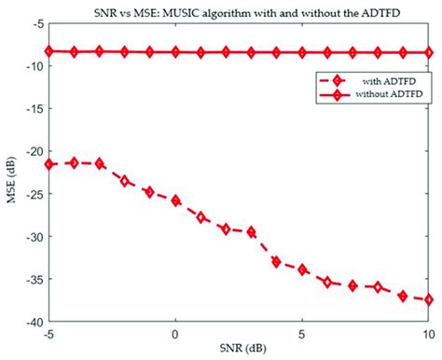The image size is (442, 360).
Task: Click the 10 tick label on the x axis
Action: (x=428, y=332)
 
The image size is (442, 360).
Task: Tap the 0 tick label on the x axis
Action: (x=175, y=332)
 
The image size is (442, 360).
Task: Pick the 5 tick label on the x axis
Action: (x=302, y=332)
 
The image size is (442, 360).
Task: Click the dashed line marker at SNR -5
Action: (x=49, y=164)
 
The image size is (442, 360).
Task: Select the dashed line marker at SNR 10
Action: (x=429, y=299)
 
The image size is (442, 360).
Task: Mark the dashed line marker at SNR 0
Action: (x=175, y=201)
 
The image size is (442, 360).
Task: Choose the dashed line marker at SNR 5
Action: (x=302, y=270)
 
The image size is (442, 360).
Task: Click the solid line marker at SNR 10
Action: (x=429, y=53)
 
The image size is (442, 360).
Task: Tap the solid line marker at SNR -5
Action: (x=49, y=51)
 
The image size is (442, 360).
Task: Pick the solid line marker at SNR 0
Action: (x=175, y=52)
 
